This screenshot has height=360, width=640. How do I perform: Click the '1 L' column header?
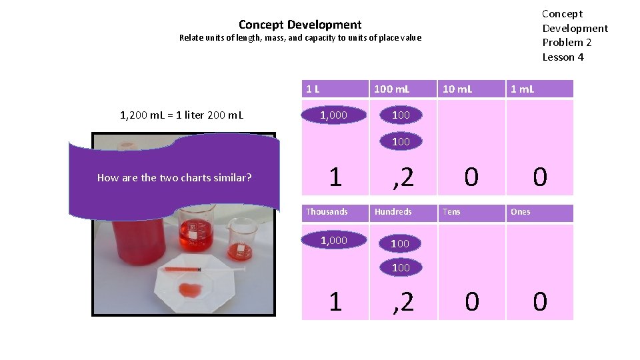[x=313, y=89]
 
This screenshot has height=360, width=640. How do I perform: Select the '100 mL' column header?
[x=392, y=89]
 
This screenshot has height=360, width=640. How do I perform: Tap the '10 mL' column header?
[x=457, y=89]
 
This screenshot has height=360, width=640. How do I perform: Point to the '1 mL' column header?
[x=522, y=89]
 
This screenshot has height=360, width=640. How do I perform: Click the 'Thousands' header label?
[x=327, y=212]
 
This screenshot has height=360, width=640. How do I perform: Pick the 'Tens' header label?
[x=451, y=212]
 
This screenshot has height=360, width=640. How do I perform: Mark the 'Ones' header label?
[x=521, y=212]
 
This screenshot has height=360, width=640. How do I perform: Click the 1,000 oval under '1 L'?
[x=333, y=115]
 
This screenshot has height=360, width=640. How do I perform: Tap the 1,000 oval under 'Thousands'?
[x=333, y=241]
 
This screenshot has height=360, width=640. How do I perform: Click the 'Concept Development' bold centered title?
[x=300, y=25]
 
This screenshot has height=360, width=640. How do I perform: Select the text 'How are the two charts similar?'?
[x=174, y=177]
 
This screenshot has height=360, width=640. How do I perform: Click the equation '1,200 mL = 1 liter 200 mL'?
[x=181, y=115]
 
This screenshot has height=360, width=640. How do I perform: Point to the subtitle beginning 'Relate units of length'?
[x=300, y=38]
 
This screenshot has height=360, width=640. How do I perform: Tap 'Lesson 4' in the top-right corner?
[x=563, y=57]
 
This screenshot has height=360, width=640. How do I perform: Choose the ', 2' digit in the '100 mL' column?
[x=403, y=177]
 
